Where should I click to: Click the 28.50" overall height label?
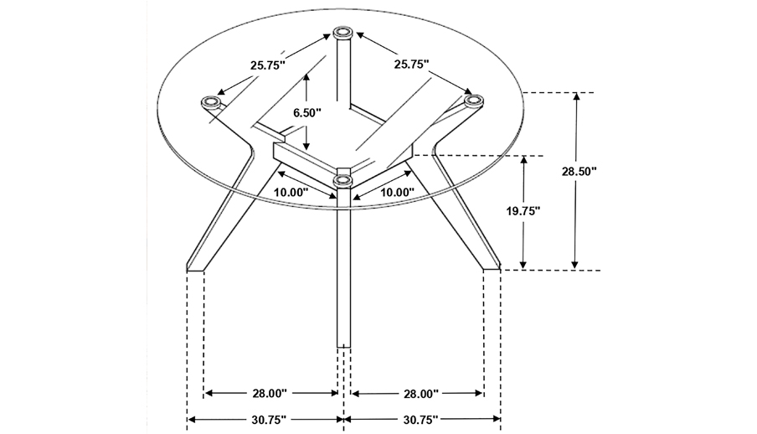(x=579, y=172)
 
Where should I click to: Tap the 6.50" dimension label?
(x=306, y=111)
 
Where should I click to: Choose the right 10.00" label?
(x=397, y=192)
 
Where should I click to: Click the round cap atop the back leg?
(x=342, y=34)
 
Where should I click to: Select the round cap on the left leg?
(x=212, y=102)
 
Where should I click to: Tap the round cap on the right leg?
(x=474, y=101)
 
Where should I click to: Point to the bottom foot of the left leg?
(x=195, y=268)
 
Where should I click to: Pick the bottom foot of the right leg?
(x=491, y=267)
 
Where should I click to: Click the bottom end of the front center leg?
(x=342, y=345)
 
